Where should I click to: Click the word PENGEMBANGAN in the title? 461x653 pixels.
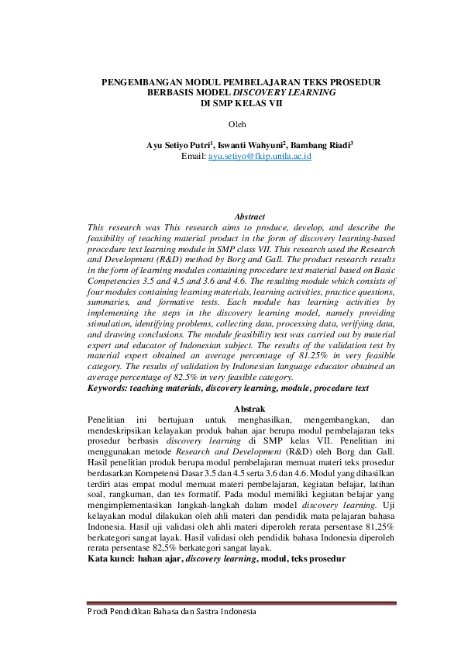click(x=142, y=81)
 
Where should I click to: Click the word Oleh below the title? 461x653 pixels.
click(x=237, y=124)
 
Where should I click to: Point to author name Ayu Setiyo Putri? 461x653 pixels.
click(x=179, y=145)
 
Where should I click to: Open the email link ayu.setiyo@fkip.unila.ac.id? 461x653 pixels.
click(x=260, y=156)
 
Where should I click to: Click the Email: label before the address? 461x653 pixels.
click(x=194, y=156)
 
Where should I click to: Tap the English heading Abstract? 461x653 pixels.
click(x=249, y=216)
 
